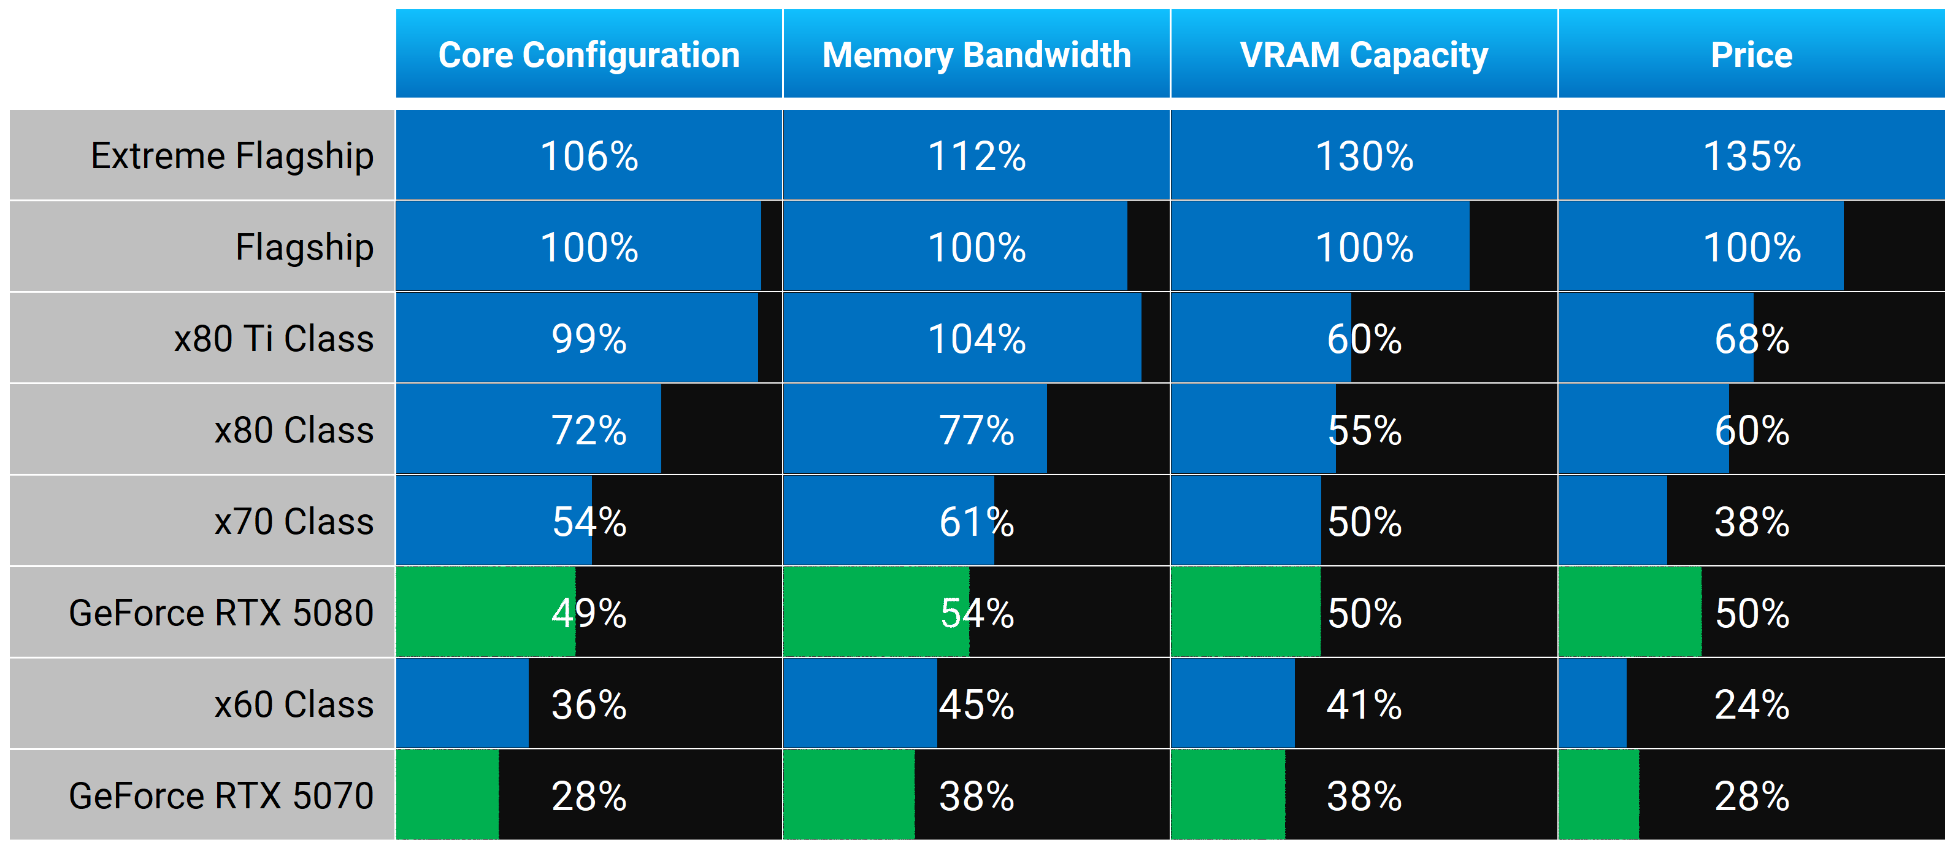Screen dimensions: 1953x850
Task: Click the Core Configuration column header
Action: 589,55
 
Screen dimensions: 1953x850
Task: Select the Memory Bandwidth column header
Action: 976,55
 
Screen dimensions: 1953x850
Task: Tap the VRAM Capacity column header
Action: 1364,55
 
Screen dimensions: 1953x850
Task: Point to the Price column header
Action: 1751,55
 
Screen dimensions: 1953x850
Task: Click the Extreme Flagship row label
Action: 232,156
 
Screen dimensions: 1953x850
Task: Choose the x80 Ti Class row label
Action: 274,338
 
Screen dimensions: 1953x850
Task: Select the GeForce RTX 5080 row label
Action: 221,612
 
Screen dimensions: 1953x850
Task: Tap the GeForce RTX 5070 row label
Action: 221,795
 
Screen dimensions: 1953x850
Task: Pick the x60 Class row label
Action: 294,705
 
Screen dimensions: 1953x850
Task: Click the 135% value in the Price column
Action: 1751,156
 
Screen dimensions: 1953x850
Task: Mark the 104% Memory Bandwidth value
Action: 976,339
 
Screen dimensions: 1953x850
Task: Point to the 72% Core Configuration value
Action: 589,430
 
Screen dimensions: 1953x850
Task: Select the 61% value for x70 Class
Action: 976,522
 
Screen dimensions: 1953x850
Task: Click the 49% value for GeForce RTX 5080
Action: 589,612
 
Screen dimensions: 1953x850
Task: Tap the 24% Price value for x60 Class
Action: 1751,705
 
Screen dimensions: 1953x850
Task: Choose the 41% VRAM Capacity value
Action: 1364,705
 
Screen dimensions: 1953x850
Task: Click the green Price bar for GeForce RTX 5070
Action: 1599,795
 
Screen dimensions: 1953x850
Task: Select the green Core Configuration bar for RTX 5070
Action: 447,795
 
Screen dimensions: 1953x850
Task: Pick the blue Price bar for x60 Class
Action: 1592,703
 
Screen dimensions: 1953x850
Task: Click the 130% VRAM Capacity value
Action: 1364,156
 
